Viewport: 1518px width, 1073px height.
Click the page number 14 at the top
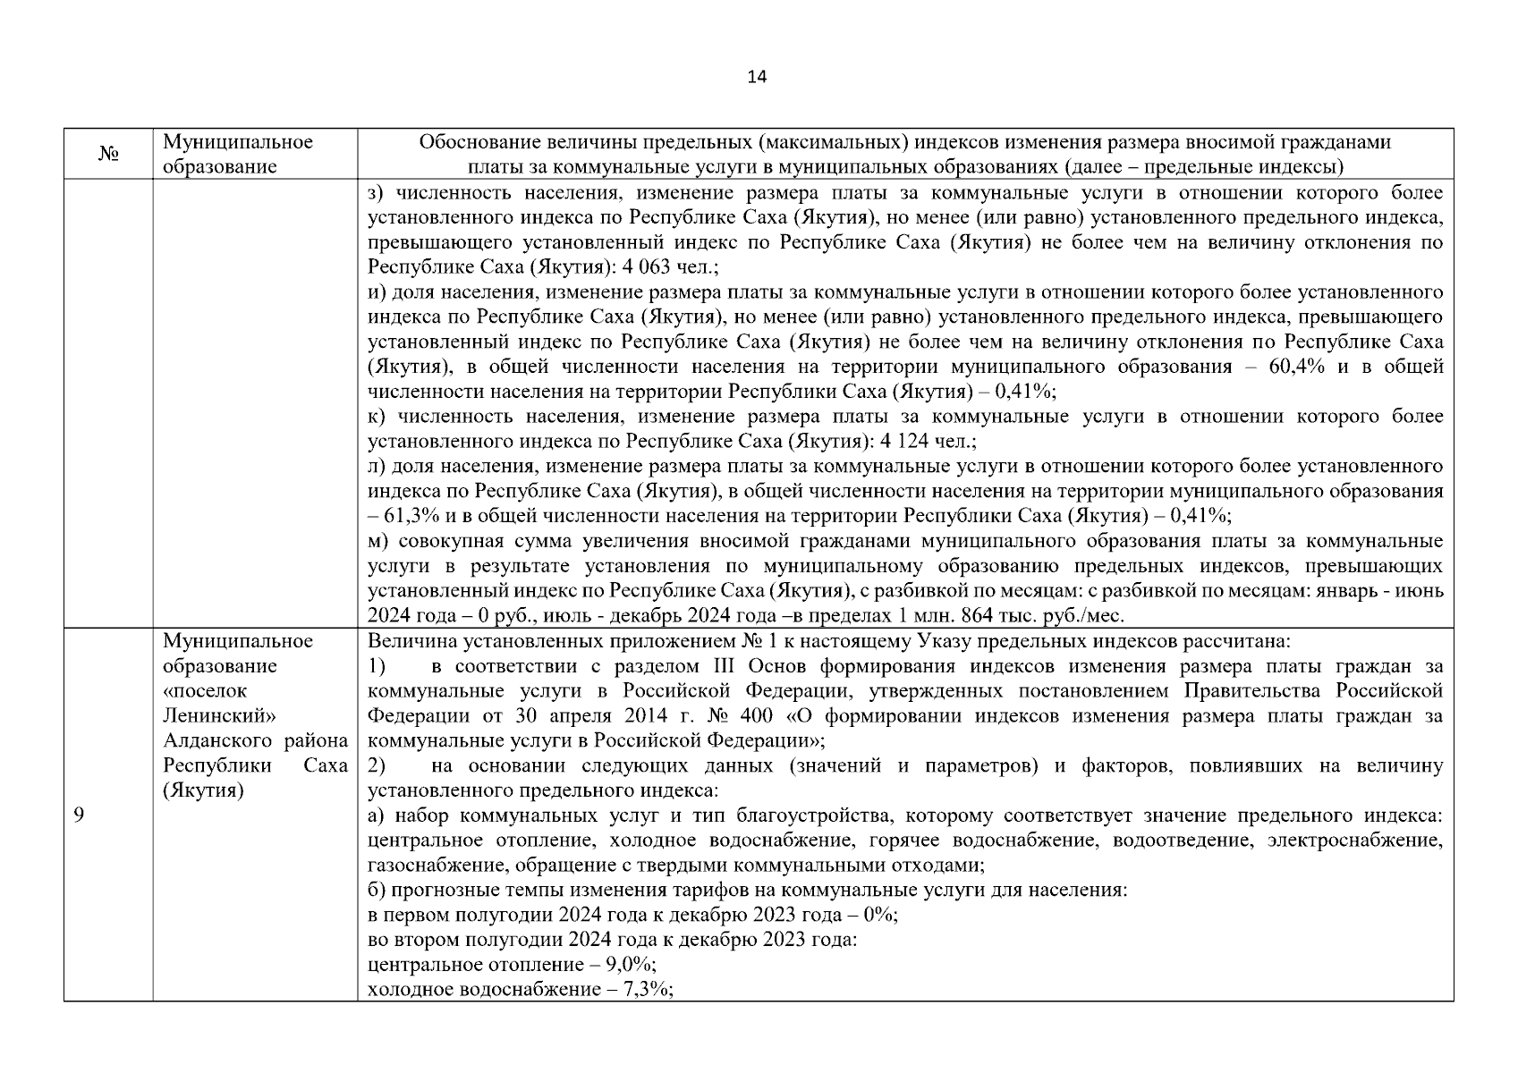click(x=757, y=77)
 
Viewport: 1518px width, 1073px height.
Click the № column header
click(x=108, y=155)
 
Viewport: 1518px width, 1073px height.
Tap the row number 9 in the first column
click(x=79, y=815)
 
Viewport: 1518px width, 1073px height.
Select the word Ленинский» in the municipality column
click(x=218, y=716)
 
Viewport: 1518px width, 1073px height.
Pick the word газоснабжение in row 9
click(x=432, y=866)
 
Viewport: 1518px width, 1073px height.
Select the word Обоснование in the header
click(x=473, y=142)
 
